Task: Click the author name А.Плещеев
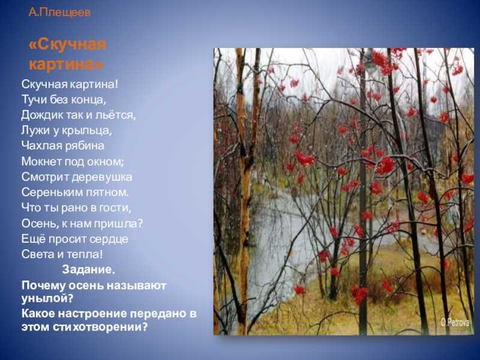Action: point(59,13)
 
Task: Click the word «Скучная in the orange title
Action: point(67,44)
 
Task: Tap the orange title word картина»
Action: point(67,65)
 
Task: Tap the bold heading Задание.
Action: point(88,269)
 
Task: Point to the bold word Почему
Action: point(43,286)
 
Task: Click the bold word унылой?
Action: point(47,298)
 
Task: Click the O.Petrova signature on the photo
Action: point(455,323)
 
